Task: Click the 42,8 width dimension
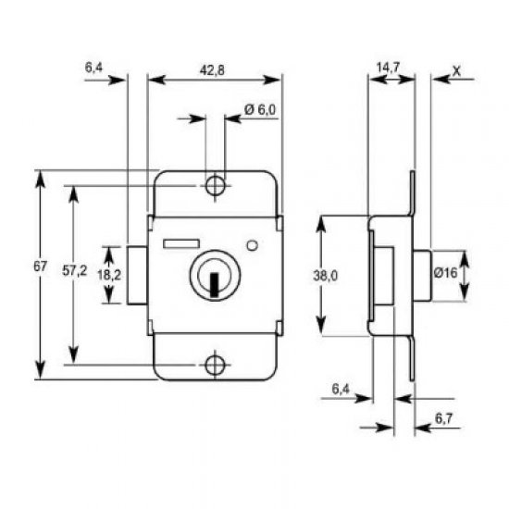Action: click(x=215, y=68)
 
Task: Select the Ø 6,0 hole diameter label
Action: click(x=261, y=110)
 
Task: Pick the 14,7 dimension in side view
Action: click(x=389, y=68)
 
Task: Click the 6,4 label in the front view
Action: click(x=93, y=68)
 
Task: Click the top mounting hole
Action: click(x=215, y=185)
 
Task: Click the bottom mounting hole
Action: click(x=215, y=365)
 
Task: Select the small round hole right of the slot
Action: click(x=253, y=246)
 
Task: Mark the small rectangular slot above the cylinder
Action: click(x=180, y=242)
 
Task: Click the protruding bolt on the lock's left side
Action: click(x=137, y=275)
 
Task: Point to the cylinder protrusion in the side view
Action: click(x=424, y=275)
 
